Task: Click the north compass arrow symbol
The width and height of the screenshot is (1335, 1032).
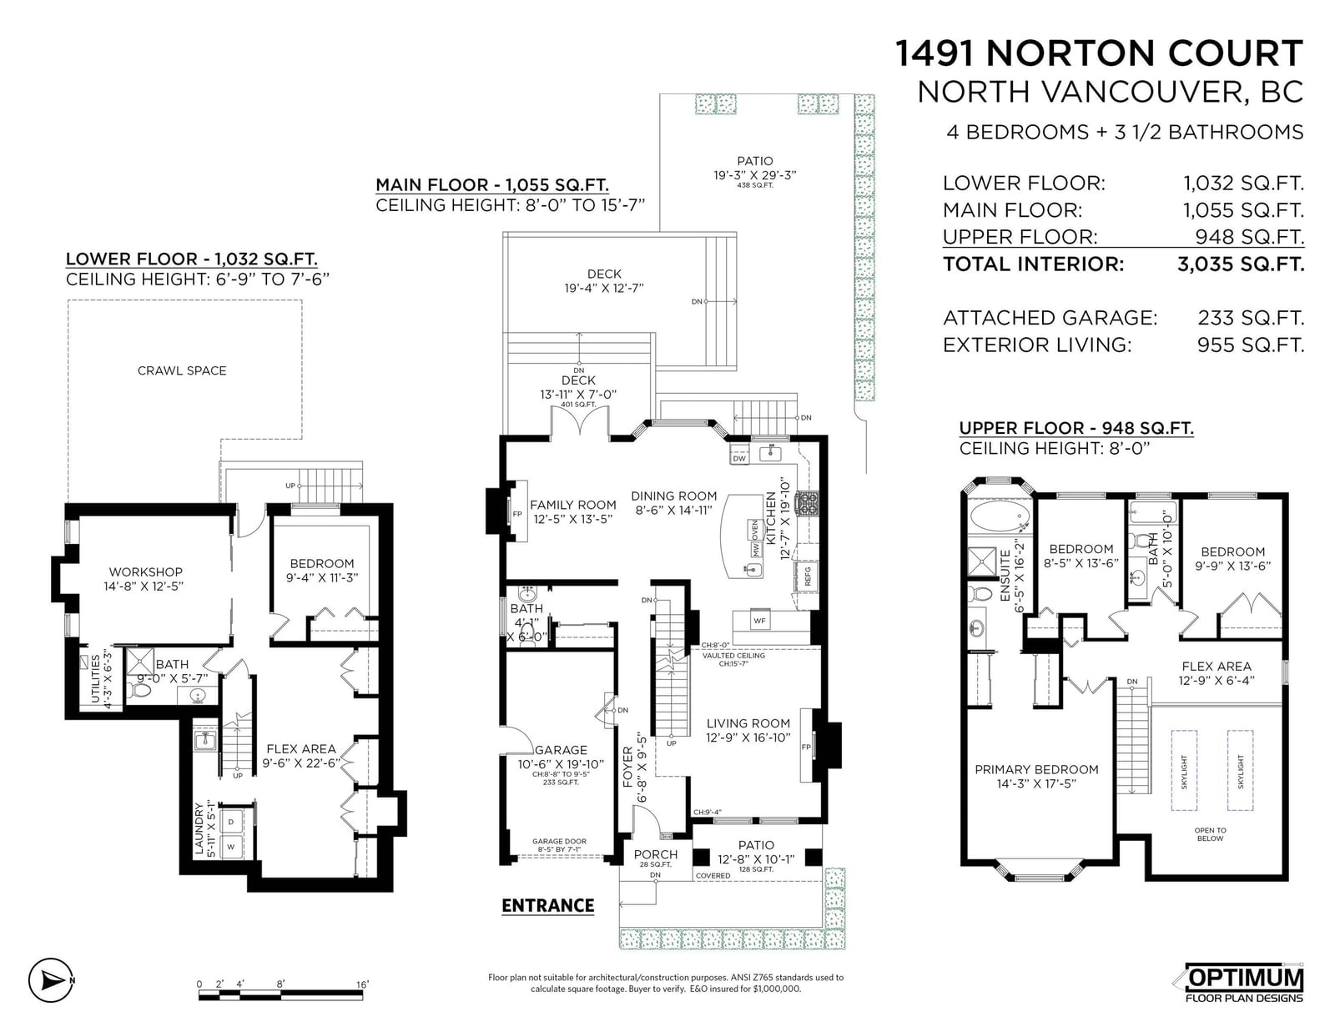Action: click(x=52, y=981)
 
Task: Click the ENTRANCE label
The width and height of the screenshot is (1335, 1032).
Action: click(x=547, y=906)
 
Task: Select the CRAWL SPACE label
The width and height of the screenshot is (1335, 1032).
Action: click(x=182, y=370)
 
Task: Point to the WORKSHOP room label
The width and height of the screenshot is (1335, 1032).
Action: click(x=146, y=572)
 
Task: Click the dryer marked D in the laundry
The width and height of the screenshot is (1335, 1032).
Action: click(x=232, y=822)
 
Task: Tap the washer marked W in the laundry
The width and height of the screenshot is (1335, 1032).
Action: click(x=232, y=847)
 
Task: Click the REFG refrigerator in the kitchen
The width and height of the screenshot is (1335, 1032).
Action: click(x=808, y=576)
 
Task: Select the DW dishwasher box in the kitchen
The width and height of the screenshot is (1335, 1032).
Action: click(x=739, y=458)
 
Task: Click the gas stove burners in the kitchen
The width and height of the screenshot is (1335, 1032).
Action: click(x=807, y=503)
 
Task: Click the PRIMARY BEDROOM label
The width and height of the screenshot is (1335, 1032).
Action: click(x=1036, y=770)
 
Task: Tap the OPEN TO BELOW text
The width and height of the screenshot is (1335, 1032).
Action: click(x=1210, y=834)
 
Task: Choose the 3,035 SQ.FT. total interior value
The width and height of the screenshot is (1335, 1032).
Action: click(x=1241, y=264)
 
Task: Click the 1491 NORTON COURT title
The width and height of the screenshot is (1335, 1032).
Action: click(x=1099, y=53)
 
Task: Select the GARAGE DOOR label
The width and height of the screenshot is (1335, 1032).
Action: click(x=559, y=842)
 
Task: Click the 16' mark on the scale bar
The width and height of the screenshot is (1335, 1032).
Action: click(x=362, y=984)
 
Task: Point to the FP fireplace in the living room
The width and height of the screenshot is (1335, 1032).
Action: click(x=806, y=747)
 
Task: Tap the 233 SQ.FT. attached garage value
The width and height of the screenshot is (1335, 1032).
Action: click(x=1250, y=318)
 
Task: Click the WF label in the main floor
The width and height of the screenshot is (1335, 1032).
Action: click(x=759, y=621)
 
